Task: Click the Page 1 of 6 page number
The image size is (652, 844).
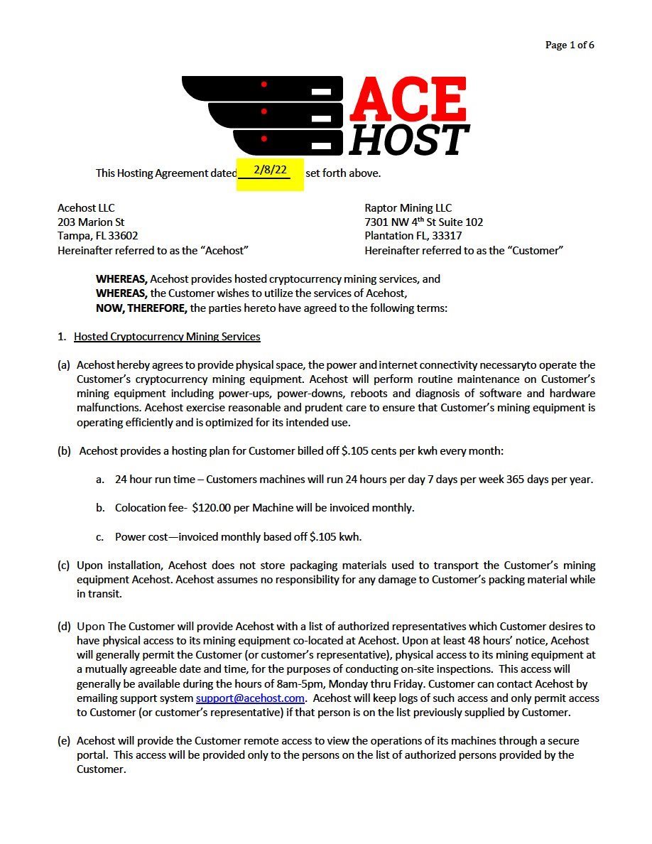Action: pyautogui.click(x=570, y=45)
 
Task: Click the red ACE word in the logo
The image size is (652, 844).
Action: pyautogui.click(x=408, y=99)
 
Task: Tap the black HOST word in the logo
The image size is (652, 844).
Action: pyautogui.click(x=409, y=139)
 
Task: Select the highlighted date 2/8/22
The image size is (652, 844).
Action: pyautogui.click(x=270, y=170)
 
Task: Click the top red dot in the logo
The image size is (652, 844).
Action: pyautogui.click(x=263, y=85)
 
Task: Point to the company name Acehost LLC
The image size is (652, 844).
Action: pyautogui.click(x=86, y=208)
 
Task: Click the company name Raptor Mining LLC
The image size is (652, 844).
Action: pyautogui.click(x=408, y=208)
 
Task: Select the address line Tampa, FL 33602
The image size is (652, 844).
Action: pyautogui.click(x=98, y=236)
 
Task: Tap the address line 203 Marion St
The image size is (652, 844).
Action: pyautogui.click(x=91, y=222)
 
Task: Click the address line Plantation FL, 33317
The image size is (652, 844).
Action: pyautogui.click(x=413, y=236)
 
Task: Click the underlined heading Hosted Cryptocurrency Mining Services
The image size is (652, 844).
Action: pyautogui.click(x=167, y=336)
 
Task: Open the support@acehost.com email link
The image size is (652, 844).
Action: pyautogui.click(x=250, y=698)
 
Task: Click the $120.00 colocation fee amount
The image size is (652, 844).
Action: pyautogui.click(x=215, y=507)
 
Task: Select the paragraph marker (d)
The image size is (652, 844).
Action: pyautogui.click(x=64, y=626)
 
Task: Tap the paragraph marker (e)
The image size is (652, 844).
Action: pyautogui.click(x=64, y=740)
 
